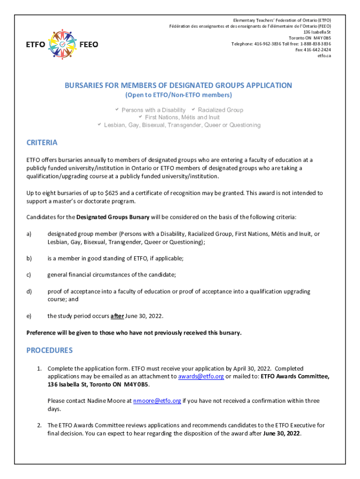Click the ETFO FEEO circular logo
pos(62,45)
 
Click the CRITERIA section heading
pos(42,143)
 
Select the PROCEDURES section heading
pos(49,350)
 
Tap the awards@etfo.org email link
pos(201,377)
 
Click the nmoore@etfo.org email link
pos(157,401)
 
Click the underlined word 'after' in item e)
pos(117,316)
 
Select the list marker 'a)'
pos(29,234)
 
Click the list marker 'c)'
pos(29,275)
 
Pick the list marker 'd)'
pos(29,292)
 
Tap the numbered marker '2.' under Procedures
pos(40,426)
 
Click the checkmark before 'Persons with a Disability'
pos(117,110)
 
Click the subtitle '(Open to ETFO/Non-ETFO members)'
pos(178,95)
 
